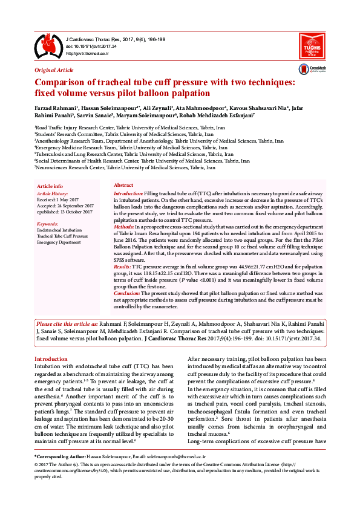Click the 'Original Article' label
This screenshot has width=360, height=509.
pyautogui.click(x=54, y=70)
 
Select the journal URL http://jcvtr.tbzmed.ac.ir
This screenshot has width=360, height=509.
pyautogui.click(x=87, y=53)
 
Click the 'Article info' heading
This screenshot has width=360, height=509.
pyautogui.click(x=50, y=186)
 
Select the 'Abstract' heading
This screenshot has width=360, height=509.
pyautogui.click(x=123, y=185)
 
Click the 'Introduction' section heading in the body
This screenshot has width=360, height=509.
pyautogui.click(x=51, y=358)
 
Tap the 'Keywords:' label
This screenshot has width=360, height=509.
pyautogui.click(x=48, y=224)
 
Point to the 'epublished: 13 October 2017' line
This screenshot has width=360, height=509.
pyautogui.click(x=65, y=212)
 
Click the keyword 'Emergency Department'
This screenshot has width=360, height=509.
pyautogui.click(x=59, y=242)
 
